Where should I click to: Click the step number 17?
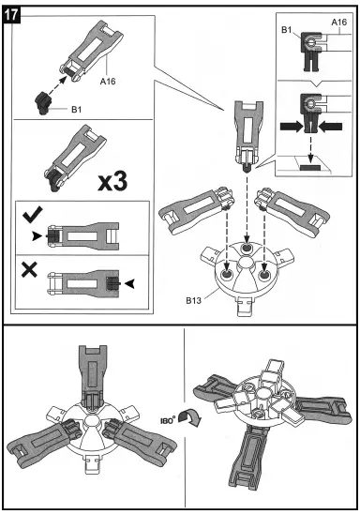point(17,17)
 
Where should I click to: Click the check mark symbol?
point(28,218)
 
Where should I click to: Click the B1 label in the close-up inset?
point(289,32)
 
